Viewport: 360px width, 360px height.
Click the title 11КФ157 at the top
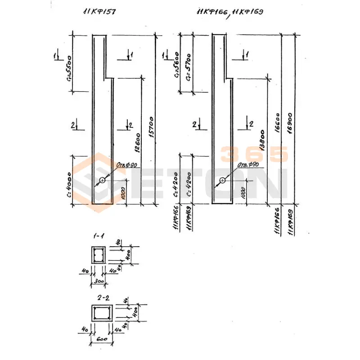(x=99, y=13)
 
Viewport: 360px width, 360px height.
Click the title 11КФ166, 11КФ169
(x=229, y=13)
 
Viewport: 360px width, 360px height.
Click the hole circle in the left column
(x=102, y=180)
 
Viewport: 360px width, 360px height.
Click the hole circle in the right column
(x=222, y=180)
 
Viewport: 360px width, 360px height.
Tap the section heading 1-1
(x=97, y=236)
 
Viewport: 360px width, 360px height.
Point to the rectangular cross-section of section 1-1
(x=98, y=255)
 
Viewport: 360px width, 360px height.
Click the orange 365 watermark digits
(x=254, y=154)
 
